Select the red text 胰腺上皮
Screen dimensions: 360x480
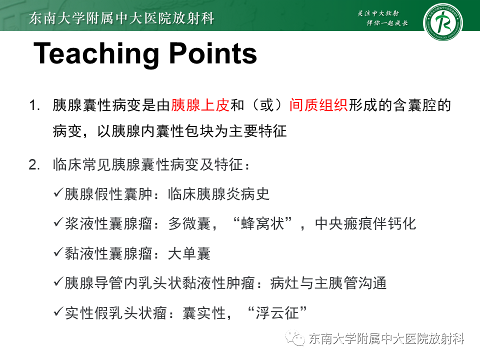click(x=200, y=105)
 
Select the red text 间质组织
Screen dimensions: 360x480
click(x=318, y=105)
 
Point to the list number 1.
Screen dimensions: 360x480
click(x=33, y=106)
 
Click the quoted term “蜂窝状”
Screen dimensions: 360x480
click(x=262, y=223)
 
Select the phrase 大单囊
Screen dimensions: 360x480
click(x=189, y=253)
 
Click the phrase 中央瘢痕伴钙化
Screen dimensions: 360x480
click(x=365, y=223)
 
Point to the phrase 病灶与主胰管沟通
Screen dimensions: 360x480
click(x=328, y=283)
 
